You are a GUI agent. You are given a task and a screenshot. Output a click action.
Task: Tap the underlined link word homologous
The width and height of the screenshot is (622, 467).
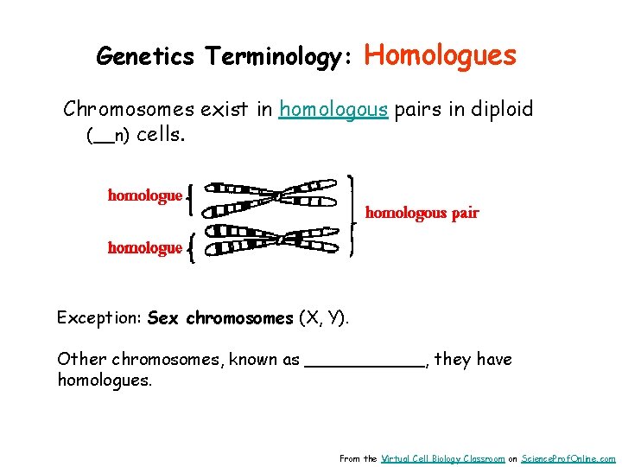point(333,110)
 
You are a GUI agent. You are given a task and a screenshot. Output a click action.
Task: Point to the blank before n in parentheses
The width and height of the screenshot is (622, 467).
point(103,137)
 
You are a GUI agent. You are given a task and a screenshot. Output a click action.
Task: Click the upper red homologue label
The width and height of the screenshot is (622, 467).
point(145,195)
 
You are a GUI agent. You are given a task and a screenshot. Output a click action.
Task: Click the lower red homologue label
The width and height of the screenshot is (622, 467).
point(145,248)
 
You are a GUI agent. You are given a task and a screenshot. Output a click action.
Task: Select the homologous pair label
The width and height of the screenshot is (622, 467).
point(422,213)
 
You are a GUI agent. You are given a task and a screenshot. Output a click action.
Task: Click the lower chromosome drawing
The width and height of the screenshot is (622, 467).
point(272,242)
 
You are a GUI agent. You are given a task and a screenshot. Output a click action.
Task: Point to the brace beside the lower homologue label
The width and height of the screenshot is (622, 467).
point(190,249)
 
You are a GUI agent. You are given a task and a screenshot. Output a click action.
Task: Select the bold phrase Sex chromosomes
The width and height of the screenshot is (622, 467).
point(220,318)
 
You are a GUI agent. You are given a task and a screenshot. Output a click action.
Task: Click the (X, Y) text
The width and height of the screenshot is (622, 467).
point(324,318)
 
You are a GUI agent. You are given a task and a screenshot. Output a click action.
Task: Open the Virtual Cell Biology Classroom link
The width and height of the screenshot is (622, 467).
point(442,458)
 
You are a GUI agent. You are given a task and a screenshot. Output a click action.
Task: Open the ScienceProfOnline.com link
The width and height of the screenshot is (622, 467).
point(568,458)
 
